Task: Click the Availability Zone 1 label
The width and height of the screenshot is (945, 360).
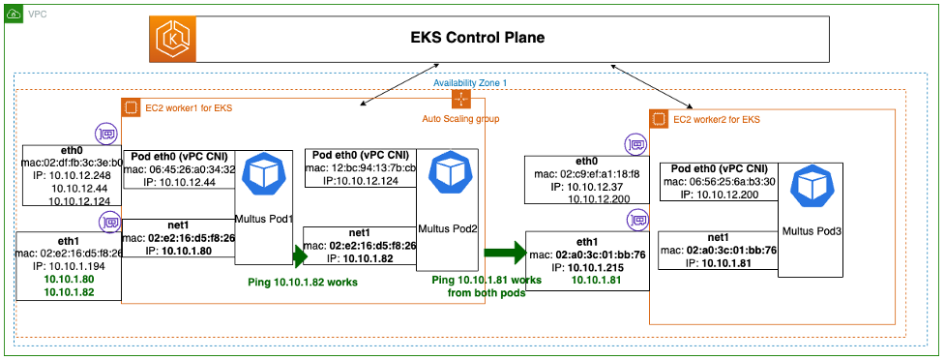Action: point(471,83)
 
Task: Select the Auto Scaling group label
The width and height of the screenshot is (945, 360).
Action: point(460,119)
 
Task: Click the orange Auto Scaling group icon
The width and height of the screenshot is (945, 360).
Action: point(460,101)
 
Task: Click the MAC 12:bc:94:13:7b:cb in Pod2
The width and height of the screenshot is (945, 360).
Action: point(363,168)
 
